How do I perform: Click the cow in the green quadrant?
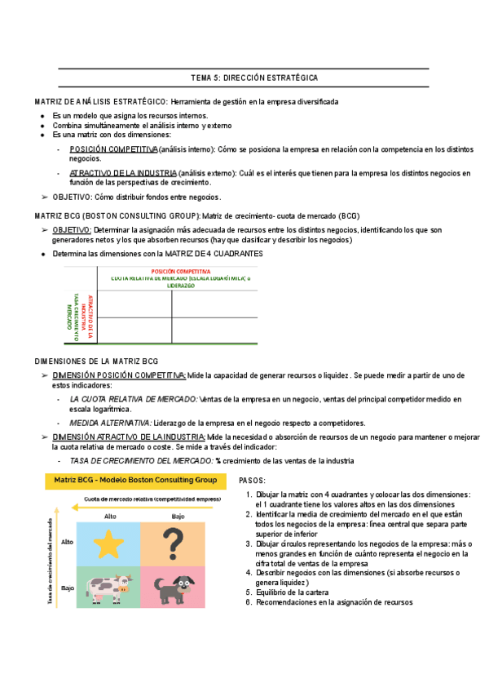pyautogui.click(x=109, y=566)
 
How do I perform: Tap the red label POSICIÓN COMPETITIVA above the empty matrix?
pyautogui.click(x=181, y=271)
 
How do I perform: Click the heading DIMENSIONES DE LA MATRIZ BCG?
pyautogui.click(x=96, y=362)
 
